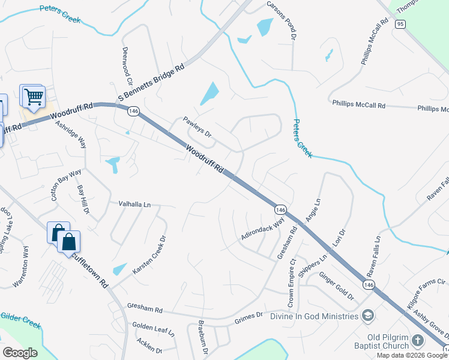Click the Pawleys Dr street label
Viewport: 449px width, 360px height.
tap(197, 126)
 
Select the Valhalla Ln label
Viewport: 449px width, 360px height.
tap(134, 204)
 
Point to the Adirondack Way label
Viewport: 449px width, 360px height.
tap(263, 229)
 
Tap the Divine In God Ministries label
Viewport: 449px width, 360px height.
tap(314, 316)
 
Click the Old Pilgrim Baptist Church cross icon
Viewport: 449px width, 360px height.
tap(418, 341)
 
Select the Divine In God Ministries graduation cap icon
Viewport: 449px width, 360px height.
tap(367, 316)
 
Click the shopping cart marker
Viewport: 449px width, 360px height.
tap(34, 96)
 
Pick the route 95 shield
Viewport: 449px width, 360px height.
tap(401, 24)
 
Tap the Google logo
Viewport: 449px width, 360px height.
tap(20, 353)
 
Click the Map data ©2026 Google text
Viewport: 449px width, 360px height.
tap(412, 355)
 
